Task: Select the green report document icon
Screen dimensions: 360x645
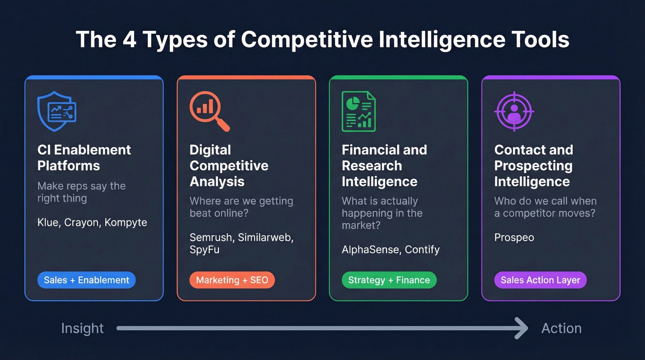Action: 358,111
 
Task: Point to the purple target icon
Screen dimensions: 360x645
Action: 514,111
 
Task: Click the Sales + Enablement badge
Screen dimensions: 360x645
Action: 87,280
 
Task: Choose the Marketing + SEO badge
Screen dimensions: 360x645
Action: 232,280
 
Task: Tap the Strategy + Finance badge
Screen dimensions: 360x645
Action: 389,280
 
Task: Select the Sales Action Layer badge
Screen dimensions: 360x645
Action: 540,280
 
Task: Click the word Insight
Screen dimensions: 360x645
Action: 82,328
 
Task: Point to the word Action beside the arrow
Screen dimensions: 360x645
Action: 561,328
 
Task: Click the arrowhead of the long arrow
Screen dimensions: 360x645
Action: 522,328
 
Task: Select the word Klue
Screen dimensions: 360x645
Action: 48,222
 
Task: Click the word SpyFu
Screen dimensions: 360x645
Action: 205,250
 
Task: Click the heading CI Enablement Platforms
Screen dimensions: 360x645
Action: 84,158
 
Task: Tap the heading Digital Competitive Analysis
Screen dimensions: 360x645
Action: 229,165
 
